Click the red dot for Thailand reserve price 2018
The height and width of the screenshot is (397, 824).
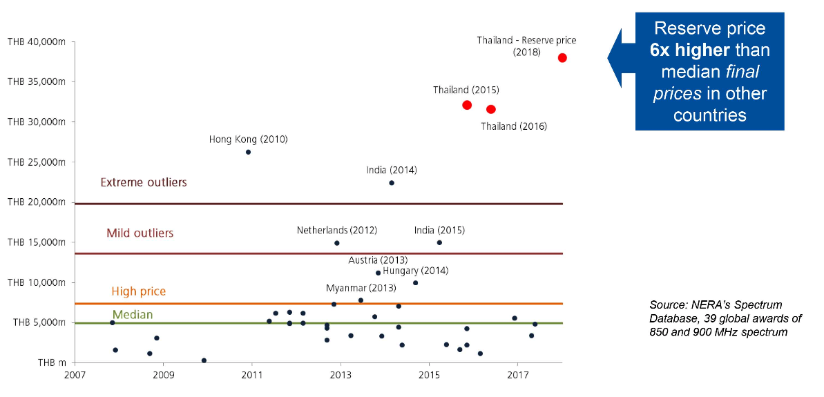(x=562, y=57)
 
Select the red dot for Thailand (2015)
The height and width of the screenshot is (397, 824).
(x=467, y=105)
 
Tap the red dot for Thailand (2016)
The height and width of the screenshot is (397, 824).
(x=491, y=109)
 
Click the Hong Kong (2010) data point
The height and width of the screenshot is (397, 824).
(x=248, y=152)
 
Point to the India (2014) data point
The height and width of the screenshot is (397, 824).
(x=392, y=183)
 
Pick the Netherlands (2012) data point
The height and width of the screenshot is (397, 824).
(x=337, y=243)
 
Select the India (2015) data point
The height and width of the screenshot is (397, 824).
(x=439, y=242)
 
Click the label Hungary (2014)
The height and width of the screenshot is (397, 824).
(x=415, y=271)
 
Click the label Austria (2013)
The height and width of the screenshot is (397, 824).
(x=377, y=260)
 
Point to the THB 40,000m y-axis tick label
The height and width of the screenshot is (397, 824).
(x=36, y=41)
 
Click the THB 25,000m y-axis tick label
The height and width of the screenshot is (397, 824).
(x=36, y=162)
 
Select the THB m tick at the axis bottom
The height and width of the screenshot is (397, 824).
(x=52, y=362)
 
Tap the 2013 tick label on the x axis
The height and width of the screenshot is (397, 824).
(x=340, y=376)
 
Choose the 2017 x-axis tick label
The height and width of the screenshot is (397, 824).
(x=517, y=376)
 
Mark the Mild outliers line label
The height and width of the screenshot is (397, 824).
(x=140, y=233)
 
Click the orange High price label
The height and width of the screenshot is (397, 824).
(x=138, y=291)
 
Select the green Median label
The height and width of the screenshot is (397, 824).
(x=133, y=315)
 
